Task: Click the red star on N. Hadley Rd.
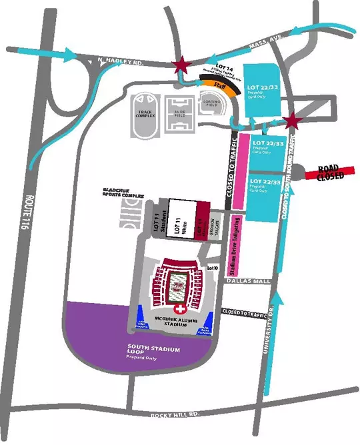point(179,65)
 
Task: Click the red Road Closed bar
point(329,174)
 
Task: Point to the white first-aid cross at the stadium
point(178,310)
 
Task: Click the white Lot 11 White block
point(178,218)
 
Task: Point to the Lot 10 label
point(213,267)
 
